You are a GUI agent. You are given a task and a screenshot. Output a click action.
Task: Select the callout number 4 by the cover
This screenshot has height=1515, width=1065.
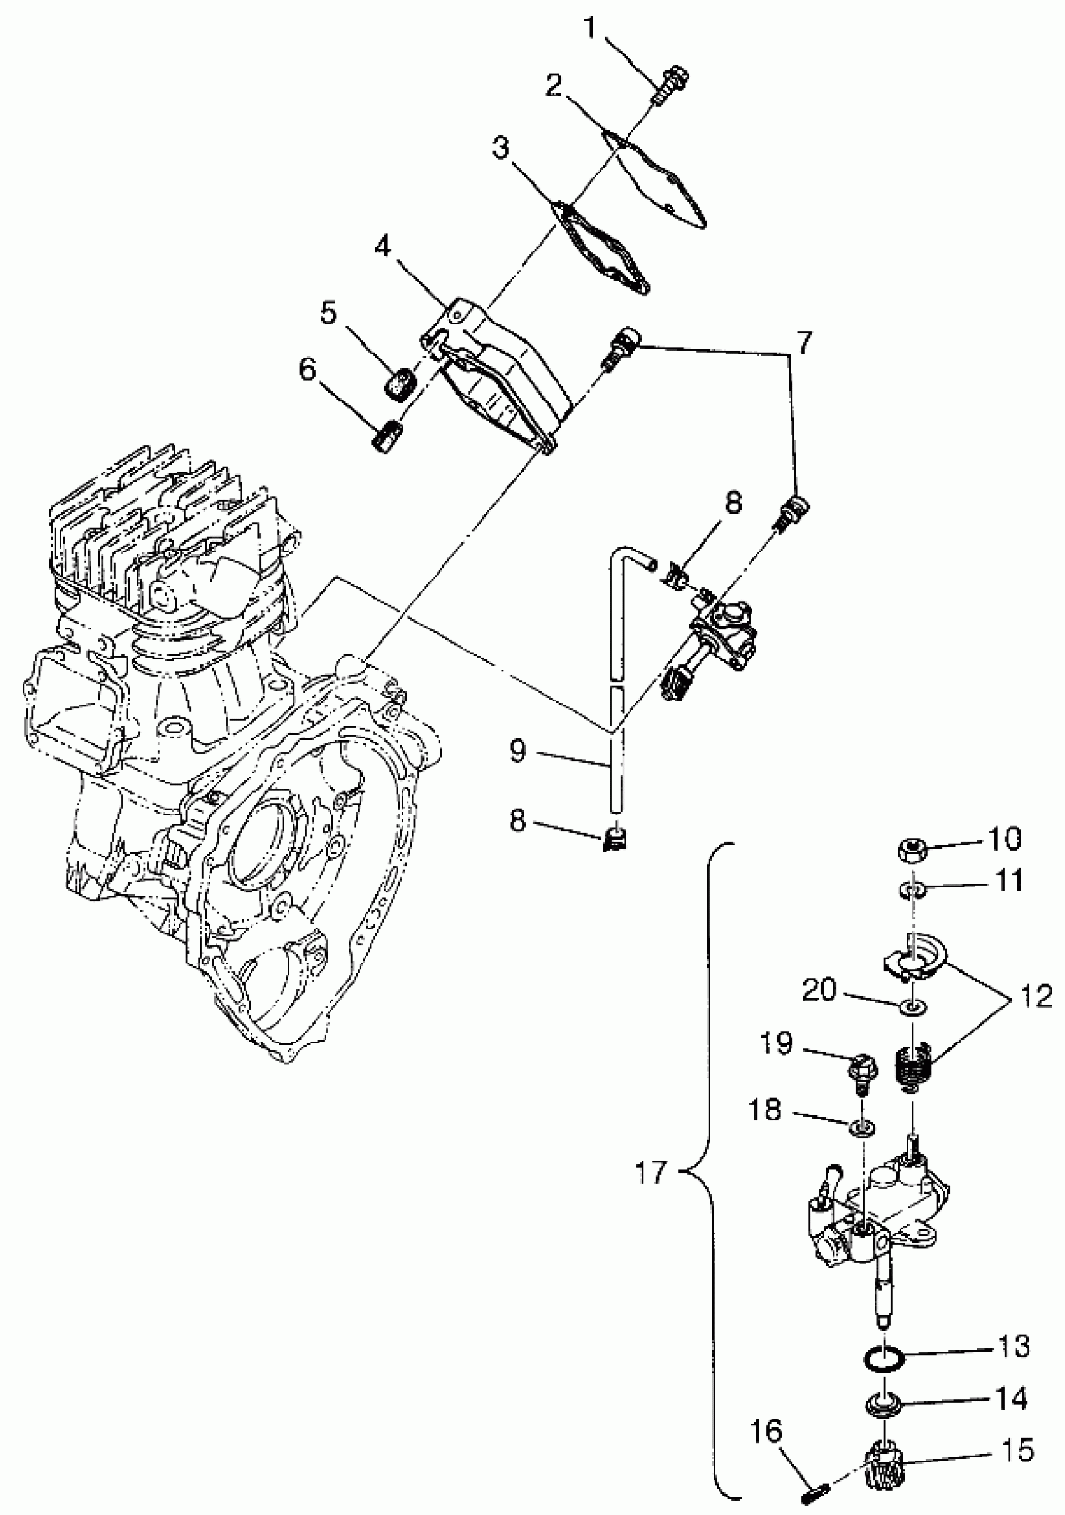pos(383,247)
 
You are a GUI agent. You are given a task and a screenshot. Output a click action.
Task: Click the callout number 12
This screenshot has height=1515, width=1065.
pos(1036,996)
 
